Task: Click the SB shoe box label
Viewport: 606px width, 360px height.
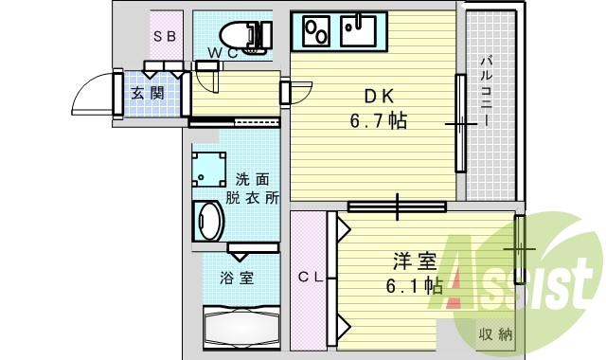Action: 165,36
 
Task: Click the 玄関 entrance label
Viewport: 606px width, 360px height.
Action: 148,93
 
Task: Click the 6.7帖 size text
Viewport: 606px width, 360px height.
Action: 381,121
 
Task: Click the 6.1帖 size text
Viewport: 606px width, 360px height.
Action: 413,284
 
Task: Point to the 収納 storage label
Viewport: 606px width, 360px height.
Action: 496,333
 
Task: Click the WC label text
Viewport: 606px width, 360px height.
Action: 225,53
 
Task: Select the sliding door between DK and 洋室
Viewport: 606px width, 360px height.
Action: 396,206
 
